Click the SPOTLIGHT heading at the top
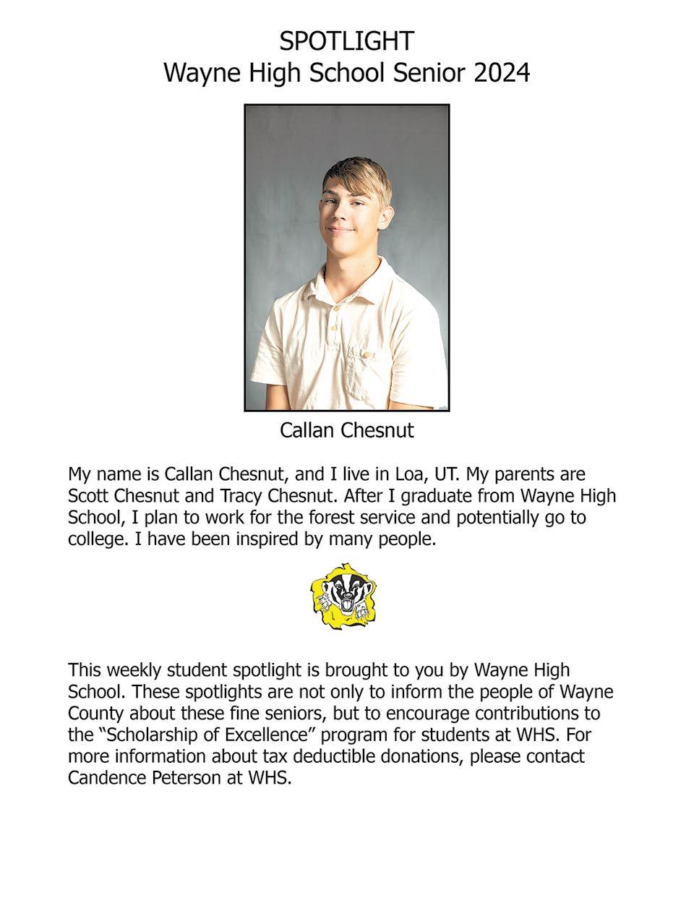(x=347, y=40)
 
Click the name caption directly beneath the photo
(x=347, y=431)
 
